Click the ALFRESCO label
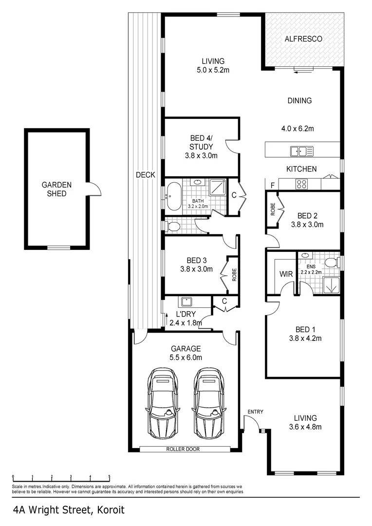tap(303, 38)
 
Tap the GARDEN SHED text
tap(56, 189)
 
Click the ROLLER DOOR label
tap(183, 449)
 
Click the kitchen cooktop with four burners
tap(302, 184)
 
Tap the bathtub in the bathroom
tap(174, 195)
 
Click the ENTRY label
tap(255, 412)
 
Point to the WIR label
tap(286, 274)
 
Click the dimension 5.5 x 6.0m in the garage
tap(186, 357)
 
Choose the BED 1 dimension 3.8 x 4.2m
tap(302, 338)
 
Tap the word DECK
tap(145, 174)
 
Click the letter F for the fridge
tap(273, 185)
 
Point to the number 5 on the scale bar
tap(109, 477)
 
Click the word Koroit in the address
tap(109, 510)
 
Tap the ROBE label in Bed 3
tap(234, 275)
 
